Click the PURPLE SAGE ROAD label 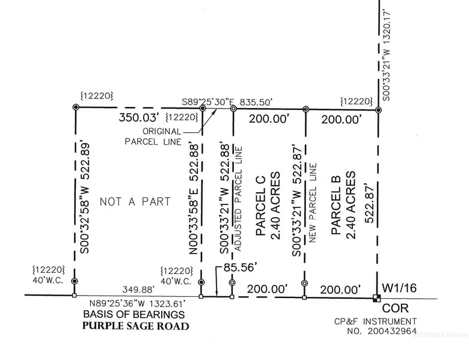pos(136,326)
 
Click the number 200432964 pos(394,332)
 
